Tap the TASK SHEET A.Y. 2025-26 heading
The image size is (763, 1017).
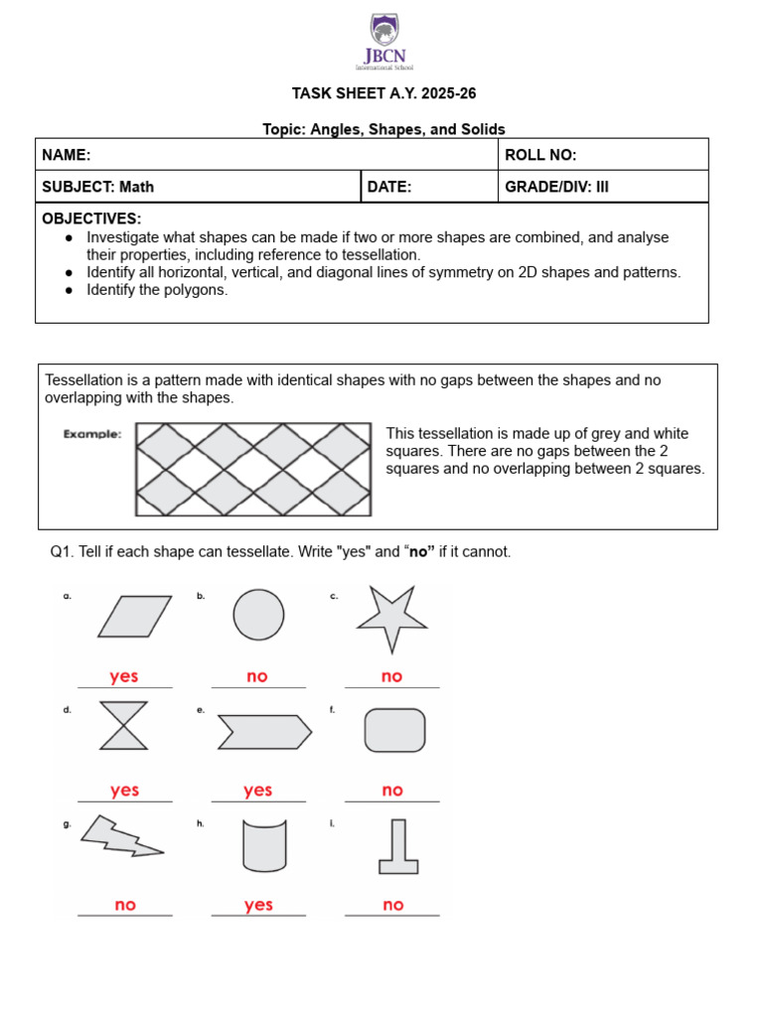click(x=377, y=93)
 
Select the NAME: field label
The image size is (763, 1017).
click(x=67, y=155)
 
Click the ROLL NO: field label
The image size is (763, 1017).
click(x=540, y=155)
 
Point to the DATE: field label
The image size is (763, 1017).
click(x=389, y=186)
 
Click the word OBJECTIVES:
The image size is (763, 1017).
click(x=91, y=218)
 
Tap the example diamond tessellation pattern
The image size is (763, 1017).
click(x=253, y=470)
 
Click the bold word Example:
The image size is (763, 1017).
click(x=92, y=434)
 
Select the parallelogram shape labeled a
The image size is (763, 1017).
click(x=135, y=616)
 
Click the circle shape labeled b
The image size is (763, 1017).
click(x=258, y=615)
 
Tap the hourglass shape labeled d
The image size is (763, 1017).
click(x=125, y=726)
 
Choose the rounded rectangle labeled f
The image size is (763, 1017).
click(x=395, y=730)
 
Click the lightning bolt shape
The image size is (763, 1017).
click(x=121, y=836)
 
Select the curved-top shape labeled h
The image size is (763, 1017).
click(x=264, y=845)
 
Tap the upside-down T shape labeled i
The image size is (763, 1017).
click(x=398, y=847)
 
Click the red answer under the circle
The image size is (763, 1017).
click(x=257, y=676)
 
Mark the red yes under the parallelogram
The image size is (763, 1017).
click(x=124, y=676)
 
